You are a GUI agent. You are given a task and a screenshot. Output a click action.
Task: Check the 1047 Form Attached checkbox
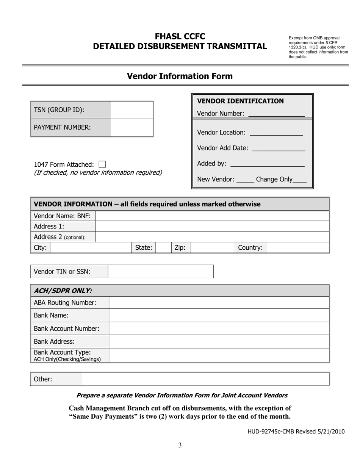pos(102,164)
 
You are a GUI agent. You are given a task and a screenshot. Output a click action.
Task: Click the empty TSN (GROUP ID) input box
pos(132,110)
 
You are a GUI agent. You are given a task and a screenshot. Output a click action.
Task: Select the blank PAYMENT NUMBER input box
pos(132,127)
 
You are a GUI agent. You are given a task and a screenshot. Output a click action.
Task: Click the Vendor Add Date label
pos(223,148)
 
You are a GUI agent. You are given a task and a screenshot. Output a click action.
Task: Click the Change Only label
pos(274,180)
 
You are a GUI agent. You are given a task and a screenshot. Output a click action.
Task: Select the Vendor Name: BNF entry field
pos(212,216)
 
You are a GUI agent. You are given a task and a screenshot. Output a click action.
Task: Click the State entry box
pos(163,248)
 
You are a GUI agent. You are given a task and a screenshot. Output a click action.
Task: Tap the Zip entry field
pos(212,248)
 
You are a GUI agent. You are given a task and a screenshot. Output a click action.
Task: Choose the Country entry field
pos(298,248)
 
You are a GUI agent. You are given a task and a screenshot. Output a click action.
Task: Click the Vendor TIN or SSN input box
pos(161,271)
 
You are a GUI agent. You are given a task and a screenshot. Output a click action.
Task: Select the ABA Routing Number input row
pos(219,303)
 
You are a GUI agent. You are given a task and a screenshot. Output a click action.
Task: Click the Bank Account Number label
pos(67,328)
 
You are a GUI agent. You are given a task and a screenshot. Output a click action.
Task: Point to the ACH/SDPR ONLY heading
pos(63,291)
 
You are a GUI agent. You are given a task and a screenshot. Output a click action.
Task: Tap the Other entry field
pos(205,379)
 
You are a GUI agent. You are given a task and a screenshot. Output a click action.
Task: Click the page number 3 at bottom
pos(180,445)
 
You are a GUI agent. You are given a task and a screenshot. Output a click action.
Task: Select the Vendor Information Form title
pos(180,76)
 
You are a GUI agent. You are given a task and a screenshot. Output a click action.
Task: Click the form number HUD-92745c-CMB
pos(275,431)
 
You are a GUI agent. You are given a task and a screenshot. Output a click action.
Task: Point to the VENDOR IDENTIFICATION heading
pos(241,101)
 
